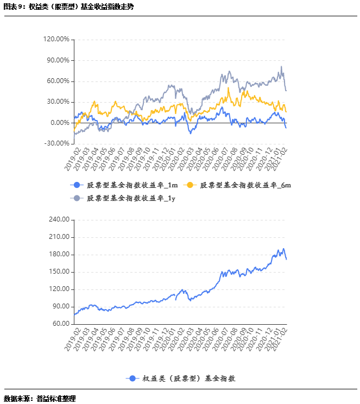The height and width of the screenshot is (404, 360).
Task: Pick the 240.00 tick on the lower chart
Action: tap(59, 220)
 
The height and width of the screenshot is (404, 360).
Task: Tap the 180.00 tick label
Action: tap(59, 255)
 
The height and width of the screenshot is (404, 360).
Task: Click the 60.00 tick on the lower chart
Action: tap(61, 324)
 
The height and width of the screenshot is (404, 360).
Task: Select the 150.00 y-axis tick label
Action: tap(59, 272)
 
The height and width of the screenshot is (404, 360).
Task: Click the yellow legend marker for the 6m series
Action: tap(191, 185)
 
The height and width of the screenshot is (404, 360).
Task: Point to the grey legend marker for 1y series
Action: tap(77, 198)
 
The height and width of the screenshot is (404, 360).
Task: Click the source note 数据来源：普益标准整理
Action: tap(40, 398)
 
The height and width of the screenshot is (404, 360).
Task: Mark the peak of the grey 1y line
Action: tap(281, 67)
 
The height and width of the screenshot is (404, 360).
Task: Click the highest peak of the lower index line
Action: tap(283, 249)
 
